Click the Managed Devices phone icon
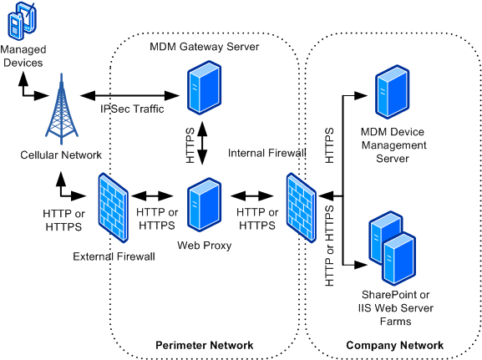click(22, 21)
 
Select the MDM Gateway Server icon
click(205, 88)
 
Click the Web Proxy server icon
click(205, 205)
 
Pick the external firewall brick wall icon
click(113, 208)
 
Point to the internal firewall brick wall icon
click(302, 208)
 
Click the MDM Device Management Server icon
click(393, 92)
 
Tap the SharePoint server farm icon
click(393, 248)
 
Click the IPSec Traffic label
click(132, 109)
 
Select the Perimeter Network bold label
click(205, 345)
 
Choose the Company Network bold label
click(394, 345)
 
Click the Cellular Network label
click(61, 155)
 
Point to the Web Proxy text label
click(205, 246)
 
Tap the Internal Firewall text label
click(266, 153)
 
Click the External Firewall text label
click(114, 256)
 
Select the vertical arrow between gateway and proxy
click(202, 144)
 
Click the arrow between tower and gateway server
click(129, 95)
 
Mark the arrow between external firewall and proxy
click(153, 195)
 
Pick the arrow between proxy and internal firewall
click(252, 195)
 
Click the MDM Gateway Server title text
click(205, 47)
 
